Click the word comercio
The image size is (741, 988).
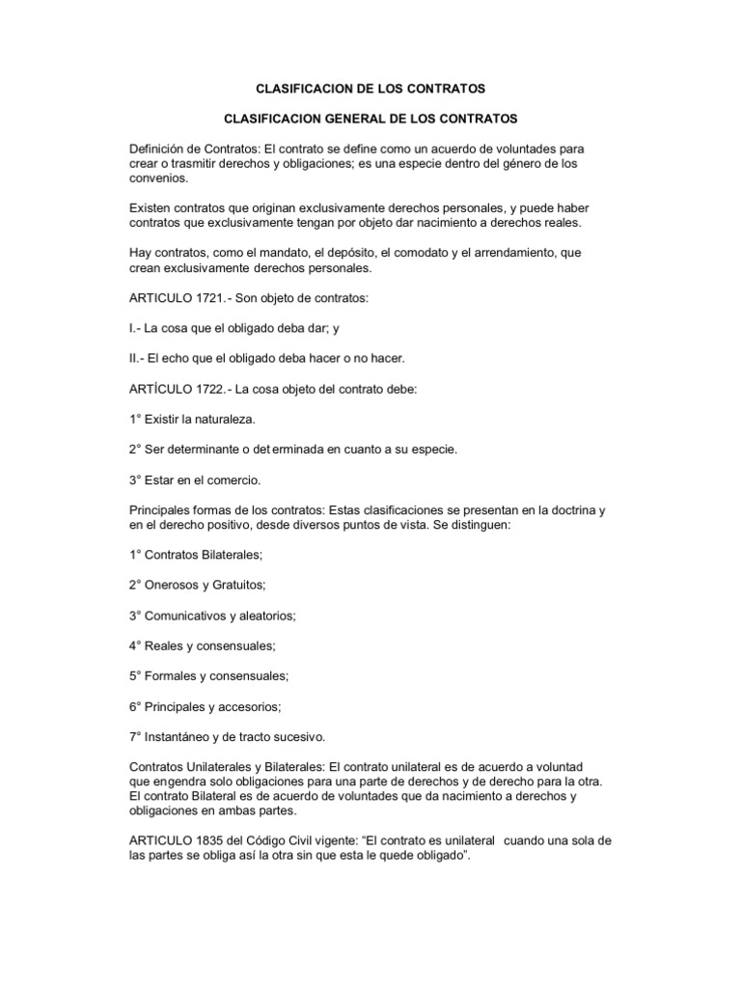point(233,480)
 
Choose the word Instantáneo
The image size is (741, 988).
point(183,736)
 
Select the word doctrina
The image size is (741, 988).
point(562,509)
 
